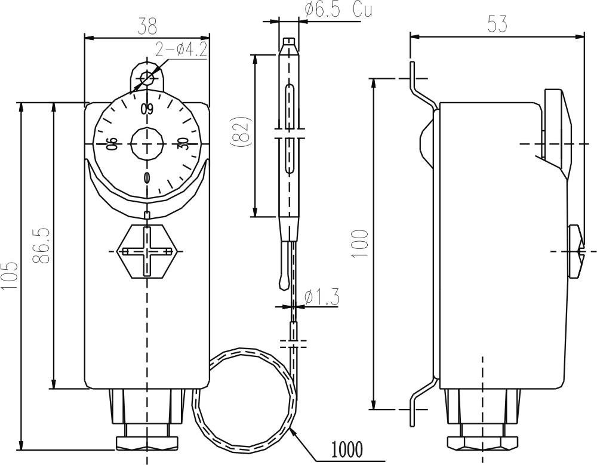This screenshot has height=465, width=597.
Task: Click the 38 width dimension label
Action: (x=147, y=25)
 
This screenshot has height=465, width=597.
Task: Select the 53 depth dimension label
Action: (x=497, y=23)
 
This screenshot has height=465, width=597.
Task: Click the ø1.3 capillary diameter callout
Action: (x=322, y=297)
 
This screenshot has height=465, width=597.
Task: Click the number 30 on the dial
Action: (x=183, y=144)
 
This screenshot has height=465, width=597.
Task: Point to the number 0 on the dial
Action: (x=147, y=178)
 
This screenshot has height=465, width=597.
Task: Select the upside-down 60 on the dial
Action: (x=147, y=109)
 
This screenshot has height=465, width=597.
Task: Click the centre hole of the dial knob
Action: (x=147, y=144)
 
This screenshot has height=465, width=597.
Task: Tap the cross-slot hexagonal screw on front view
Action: (x=147, y=251)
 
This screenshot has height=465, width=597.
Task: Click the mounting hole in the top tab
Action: (x=147, y=78)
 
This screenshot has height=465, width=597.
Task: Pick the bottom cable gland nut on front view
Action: (x=147, y=442)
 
